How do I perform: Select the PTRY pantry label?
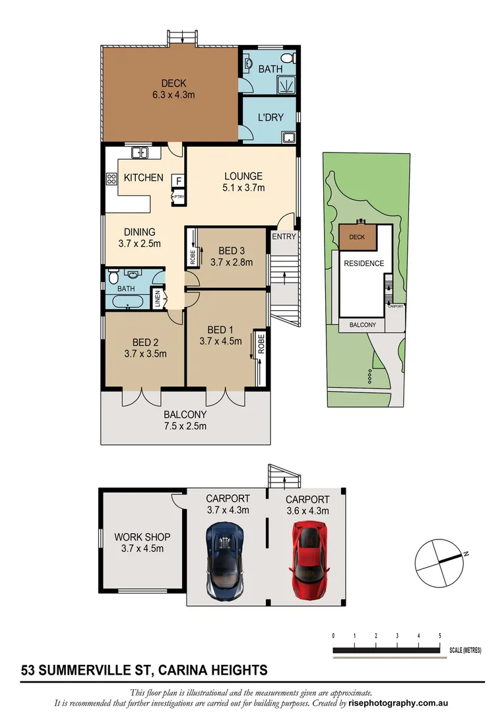[178, 197]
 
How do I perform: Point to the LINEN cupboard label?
[157, 298]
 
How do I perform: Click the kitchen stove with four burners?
[110, 180]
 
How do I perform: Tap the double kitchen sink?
[140, 153]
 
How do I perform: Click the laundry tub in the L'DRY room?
[288, 137]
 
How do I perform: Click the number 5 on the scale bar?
[439, 635]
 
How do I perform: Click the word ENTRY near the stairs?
[284, 236]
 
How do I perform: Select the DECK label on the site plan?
[357, 237]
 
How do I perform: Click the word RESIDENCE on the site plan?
[363, 263]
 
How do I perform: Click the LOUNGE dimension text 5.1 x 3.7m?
[243, 187]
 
